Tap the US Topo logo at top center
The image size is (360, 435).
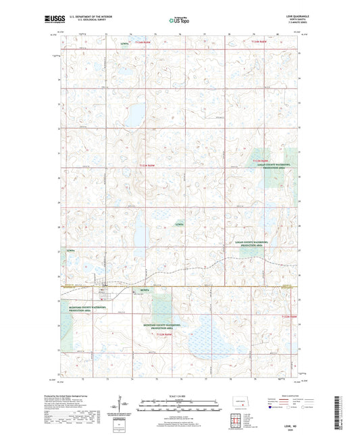pyautogui.click(x=178, y=20)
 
